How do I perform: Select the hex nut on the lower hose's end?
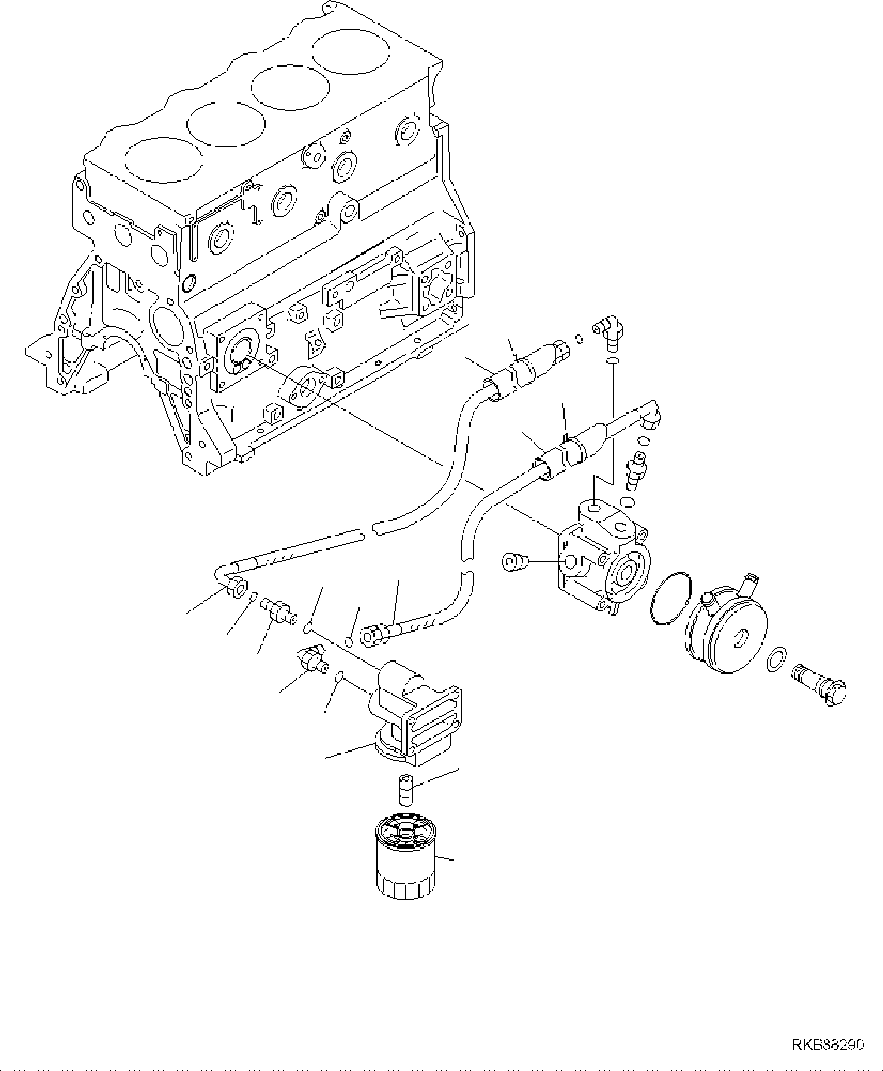pyautogui.click(x=375, y=634)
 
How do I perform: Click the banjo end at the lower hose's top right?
pyautogui.click(x=648, y=416)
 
